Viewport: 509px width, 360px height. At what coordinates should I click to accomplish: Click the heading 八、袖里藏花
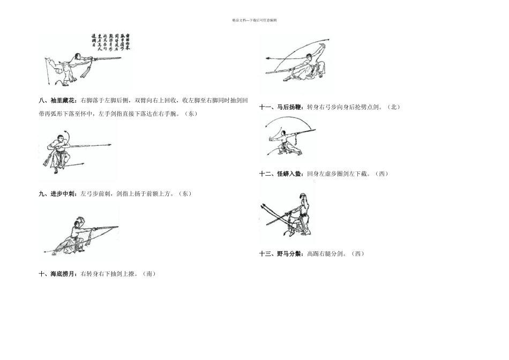pos(58,100)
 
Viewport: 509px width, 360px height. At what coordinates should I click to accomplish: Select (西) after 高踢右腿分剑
pos(357,253)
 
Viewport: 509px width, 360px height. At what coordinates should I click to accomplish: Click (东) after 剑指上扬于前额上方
pos(184,193)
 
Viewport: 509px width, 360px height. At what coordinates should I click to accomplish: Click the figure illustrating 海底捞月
pos(80,233)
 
